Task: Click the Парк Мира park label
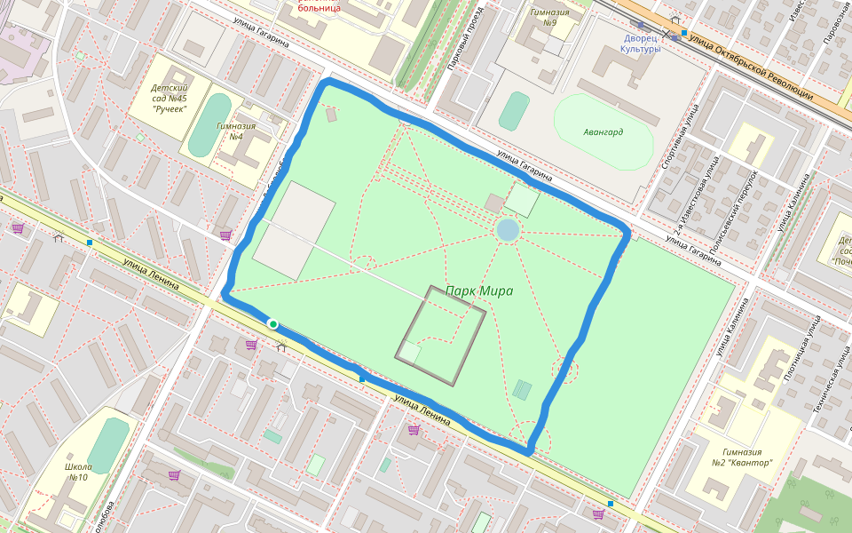[x=479, y=290]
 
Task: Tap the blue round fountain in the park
[x=508, y=231]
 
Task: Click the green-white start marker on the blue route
[x=273, y=324]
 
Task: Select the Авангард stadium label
[x=603, y=131]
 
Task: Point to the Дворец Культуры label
[x=642, y=44]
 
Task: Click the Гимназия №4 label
[x=236, y=131]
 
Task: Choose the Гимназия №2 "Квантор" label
[x=741, y=457]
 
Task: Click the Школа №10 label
[x=78, y=472]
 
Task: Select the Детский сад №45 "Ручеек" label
[x=170, y=98]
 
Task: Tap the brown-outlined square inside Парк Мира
[x=441, y=335]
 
